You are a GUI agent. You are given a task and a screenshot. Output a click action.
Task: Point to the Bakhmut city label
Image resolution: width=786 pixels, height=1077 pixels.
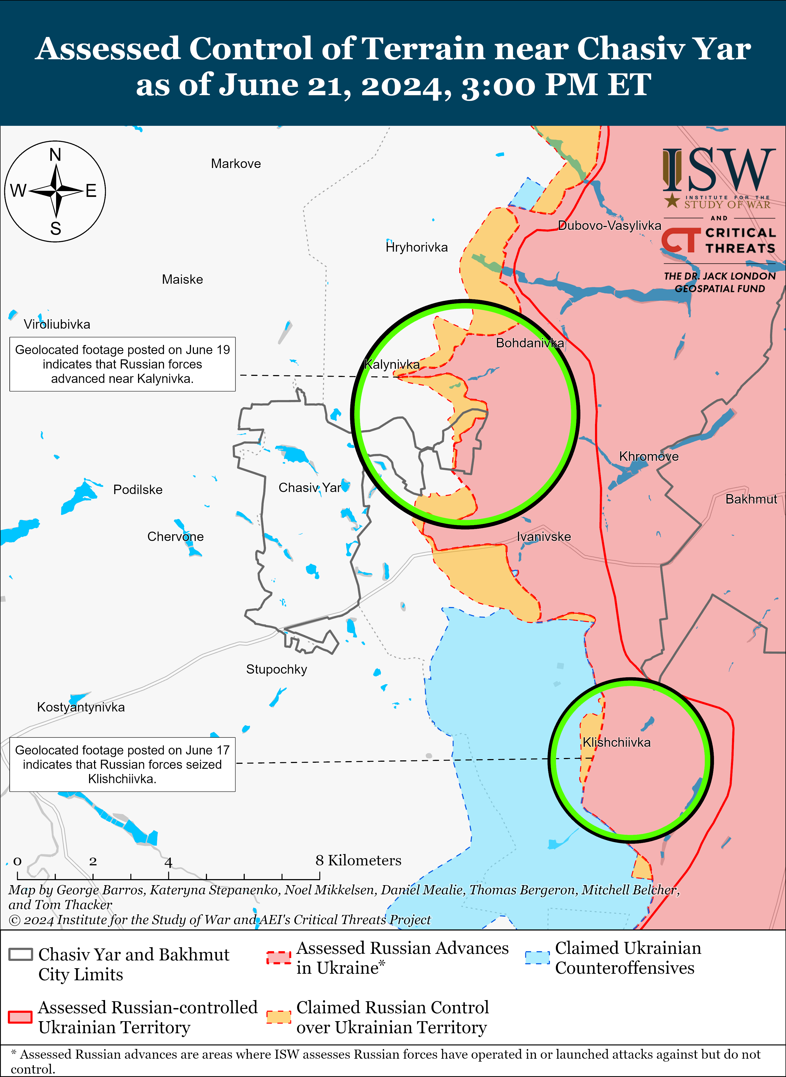751,499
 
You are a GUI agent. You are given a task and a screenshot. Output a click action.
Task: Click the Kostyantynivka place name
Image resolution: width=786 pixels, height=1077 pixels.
81,707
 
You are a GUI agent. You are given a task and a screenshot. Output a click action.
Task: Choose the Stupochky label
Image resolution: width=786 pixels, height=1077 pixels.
276,670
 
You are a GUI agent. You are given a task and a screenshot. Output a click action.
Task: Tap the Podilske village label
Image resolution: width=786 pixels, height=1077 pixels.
138,490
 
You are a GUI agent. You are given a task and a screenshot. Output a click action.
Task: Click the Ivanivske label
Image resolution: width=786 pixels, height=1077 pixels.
544,537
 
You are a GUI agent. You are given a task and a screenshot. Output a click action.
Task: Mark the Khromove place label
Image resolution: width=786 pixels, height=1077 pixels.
648,456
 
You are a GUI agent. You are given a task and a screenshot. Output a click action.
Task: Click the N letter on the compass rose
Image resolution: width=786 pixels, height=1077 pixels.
55,155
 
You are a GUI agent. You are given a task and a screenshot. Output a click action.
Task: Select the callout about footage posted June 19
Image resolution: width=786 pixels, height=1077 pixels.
122,364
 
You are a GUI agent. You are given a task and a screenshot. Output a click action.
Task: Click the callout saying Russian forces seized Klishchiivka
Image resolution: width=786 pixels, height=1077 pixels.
122,764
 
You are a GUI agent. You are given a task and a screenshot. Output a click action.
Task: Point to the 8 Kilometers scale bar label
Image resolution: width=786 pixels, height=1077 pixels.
358,860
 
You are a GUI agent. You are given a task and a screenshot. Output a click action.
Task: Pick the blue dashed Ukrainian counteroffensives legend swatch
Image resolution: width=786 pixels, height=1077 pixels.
537,957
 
